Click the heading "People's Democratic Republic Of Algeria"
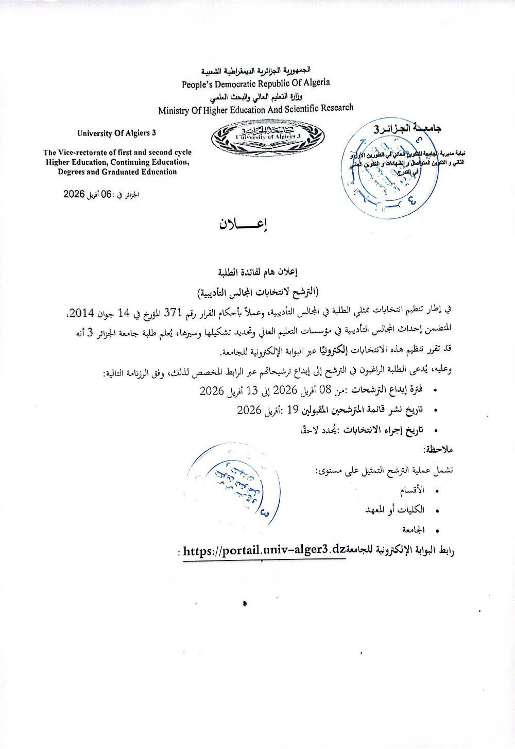pos(256,82)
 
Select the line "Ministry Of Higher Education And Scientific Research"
pos(256,109)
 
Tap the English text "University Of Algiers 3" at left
pos(116,133)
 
